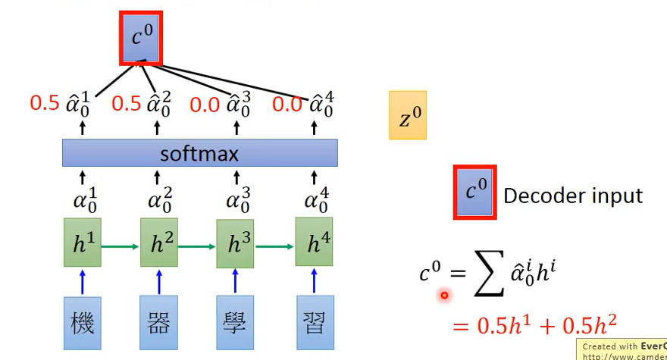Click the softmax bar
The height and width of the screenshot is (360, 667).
199,155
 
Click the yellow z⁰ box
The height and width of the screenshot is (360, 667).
408,115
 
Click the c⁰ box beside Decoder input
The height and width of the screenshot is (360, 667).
475,193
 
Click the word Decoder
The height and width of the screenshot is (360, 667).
540,196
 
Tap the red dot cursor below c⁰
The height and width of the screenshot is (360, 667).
444,296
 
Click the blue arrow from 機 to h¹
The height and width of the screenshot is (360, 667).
83,281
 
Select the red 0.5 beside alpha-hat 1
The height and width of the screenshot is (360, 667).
44,103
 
